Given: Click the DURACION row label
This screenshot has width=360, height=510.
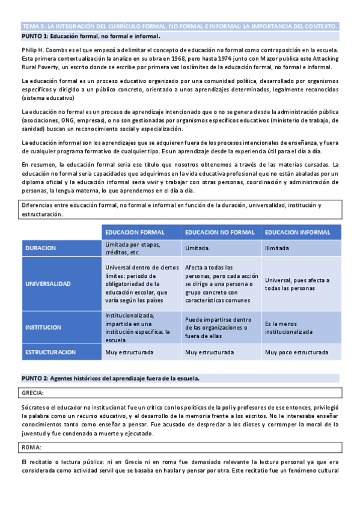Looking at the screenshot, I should coord(41,248).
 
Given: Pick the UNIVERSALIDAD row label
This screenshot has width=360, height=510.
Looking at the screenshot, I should coord(48,283).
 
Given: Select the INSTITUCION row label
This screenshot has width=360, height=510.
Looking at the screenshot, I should coord(43,328).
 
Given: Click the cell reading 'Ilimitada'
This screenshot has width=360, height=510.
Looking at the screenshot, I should coord(276,248).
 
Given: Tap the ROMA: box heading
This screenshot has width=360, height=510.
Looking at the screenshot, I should coord(31,447).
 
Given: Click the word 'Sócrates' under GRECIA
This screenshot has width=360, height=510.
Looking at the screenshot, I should coord(34,407).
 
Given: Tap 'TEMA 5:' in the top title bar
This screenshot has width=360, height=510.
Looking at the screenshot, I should coord(33,26).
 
